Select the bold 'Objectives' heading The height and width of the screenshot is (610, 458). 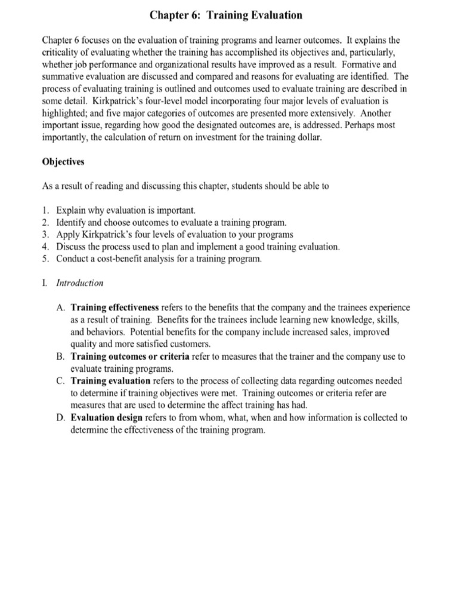click(x=63, y=161)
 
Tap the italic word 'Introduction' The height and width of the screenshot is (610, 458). click(x=80, y=283)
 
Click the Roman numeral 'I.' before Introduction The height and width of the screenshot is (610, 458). click(x=45, y=283)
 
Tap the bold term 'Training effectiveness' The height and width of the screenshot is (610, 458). click(x=114, y=308)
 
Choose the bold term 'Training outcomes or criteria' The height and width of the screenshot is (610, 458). click(x=130, y=357)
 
